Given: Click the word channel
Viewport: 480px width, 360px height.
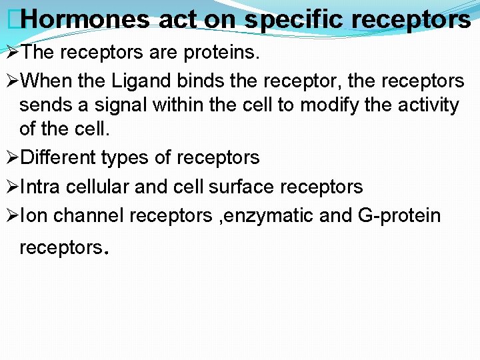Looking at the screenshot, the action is pos(89,216).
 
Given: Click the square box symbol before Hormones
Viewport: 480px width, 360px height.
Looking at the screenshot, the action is pos(8,21).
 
